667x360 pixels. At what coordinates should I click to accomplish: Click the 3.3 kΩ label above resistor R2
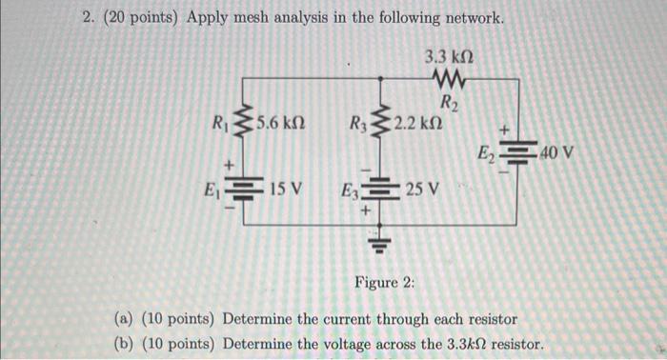(x=448, y=56)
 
